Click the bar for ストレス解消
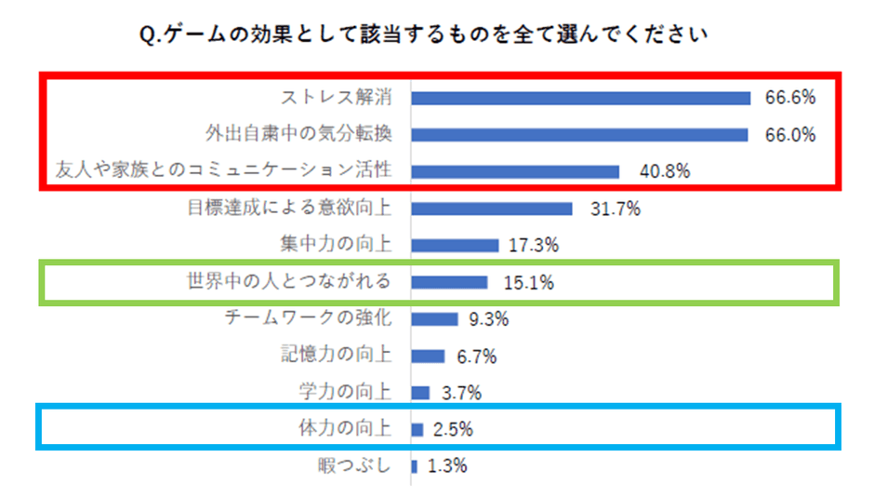click(x=580, y=98)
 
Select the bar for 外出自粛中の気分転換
click(x=579, y=135)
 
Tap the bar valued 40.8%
click(x=515, y=171)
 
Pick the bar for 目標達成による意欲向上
click(x=491, y=209)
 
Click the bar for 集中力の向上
click(x=455, y=246)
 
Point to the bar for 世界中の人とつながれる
click(x=449, y=282)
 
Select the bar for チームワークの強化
click(x=434, y=319)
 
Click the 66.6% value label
click(x=790, y=98)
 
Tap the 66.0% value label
click(x=790, y=135)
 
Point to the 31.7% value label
click(x=616, y=209)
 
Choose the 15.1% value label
click(x=529, y=282)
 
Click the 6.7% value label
click(x=477, y=356)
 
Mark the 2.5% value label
click(x=453, y=429)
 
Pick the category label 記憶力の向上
click(x=336, y=355)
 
